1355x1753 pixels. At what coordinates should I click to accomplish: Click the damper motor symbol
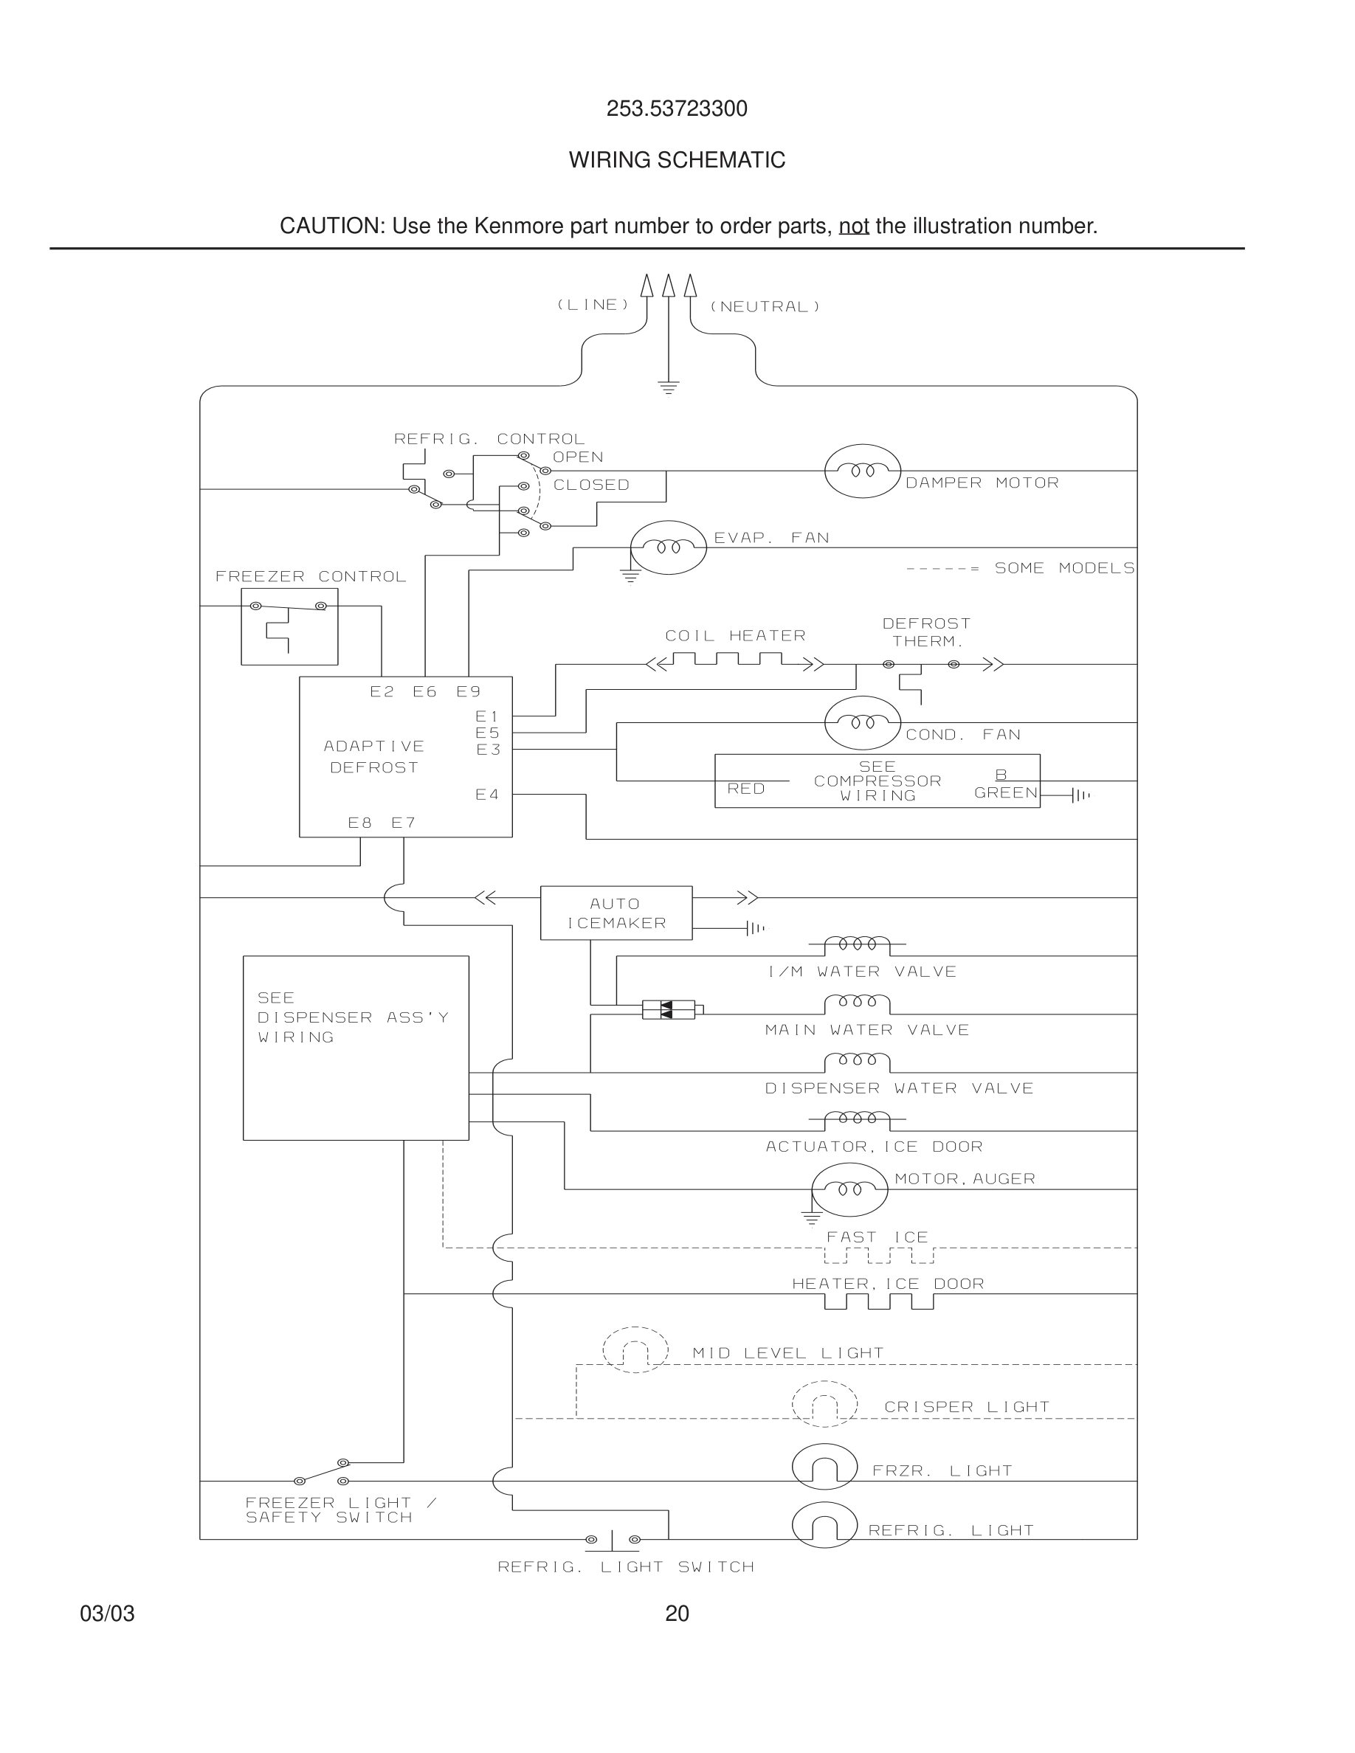[862, 471]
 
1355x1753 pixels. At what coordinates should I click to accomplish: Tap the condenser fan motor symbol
[862, 722]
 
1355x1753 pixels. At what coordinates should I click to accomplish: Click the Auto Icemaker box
[616, 913]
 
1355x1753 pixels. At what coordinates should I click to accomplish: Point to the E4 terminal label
[486, 795]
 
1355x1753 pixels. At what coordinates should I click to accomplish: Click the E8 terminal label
[359, 823]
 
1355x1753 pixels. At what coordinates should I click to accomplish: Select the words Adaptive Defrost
[374, 756]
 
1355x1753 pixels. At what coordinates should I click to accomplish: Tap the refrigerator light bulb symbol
[824, 1524]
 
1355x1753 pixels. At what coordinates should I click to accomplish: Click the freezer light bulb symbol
[824, 1467]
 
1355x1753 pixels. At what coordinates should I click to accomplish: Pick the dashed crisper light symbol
[824, 1404]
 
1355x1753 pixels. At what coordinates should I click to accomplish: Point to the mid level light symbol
[635, 1349]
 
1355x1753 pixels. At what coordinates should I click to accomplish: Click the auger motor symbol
[849, 1189]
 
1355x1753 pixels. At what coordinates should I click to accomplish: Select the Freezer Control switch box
[289, 626]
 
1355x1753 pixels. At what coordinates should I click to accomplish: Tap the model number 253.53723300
[677, 108]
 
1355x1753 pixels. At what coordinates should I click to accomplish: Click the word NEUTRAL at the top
[765, 307]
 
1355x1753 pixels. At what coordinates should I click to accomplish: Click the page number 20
[677, 1614]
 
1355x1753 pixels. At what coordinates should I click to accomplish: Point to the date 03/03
[107, 1614]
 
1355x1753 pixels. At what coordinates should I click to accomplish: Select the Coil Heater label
[734, 636]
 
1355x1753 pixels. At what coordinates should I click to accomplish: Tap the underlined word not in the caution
[853, 227]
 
